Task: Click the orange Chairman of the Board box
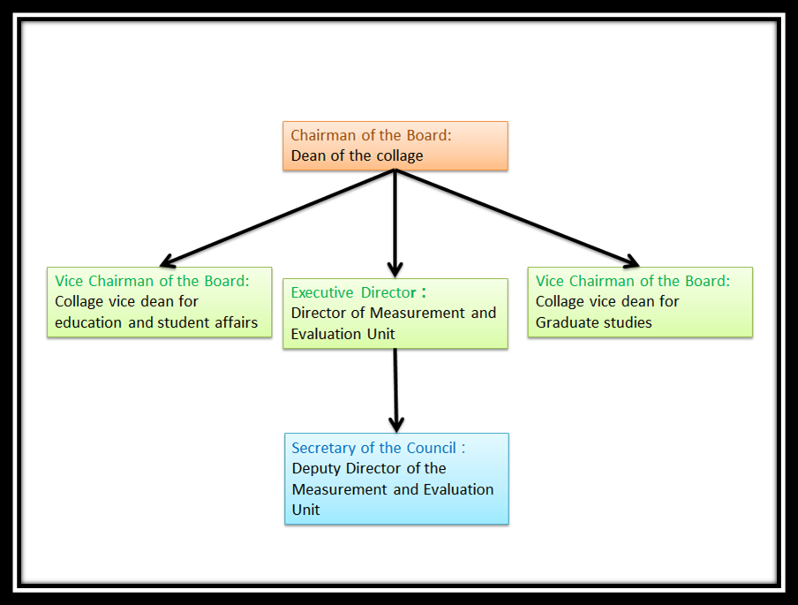[x=395, y=146]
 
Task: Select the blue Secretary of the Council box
[x=396, y=479]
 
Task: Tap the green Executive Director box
[x=395, y=314]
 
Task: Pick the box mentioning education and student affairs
[x=159, y=302]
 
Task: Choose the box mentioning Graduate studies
[x=640, y=302]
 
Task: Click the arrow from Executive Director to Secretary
[x=395, y=389]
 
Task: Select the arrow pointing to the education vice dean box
[x=274, y=218]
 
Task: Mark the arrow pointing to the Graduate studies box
[x=521, y=218]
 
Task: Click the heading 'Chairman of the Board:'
[x=372, y=135]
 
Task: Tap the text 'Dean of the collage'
[x=357, y=156]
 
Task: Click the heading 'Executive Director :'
[x=358, y=292]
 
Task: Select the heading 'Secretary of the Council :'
[x=378, y=448]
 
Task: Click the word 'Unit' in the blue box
[x=305, y=510]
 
